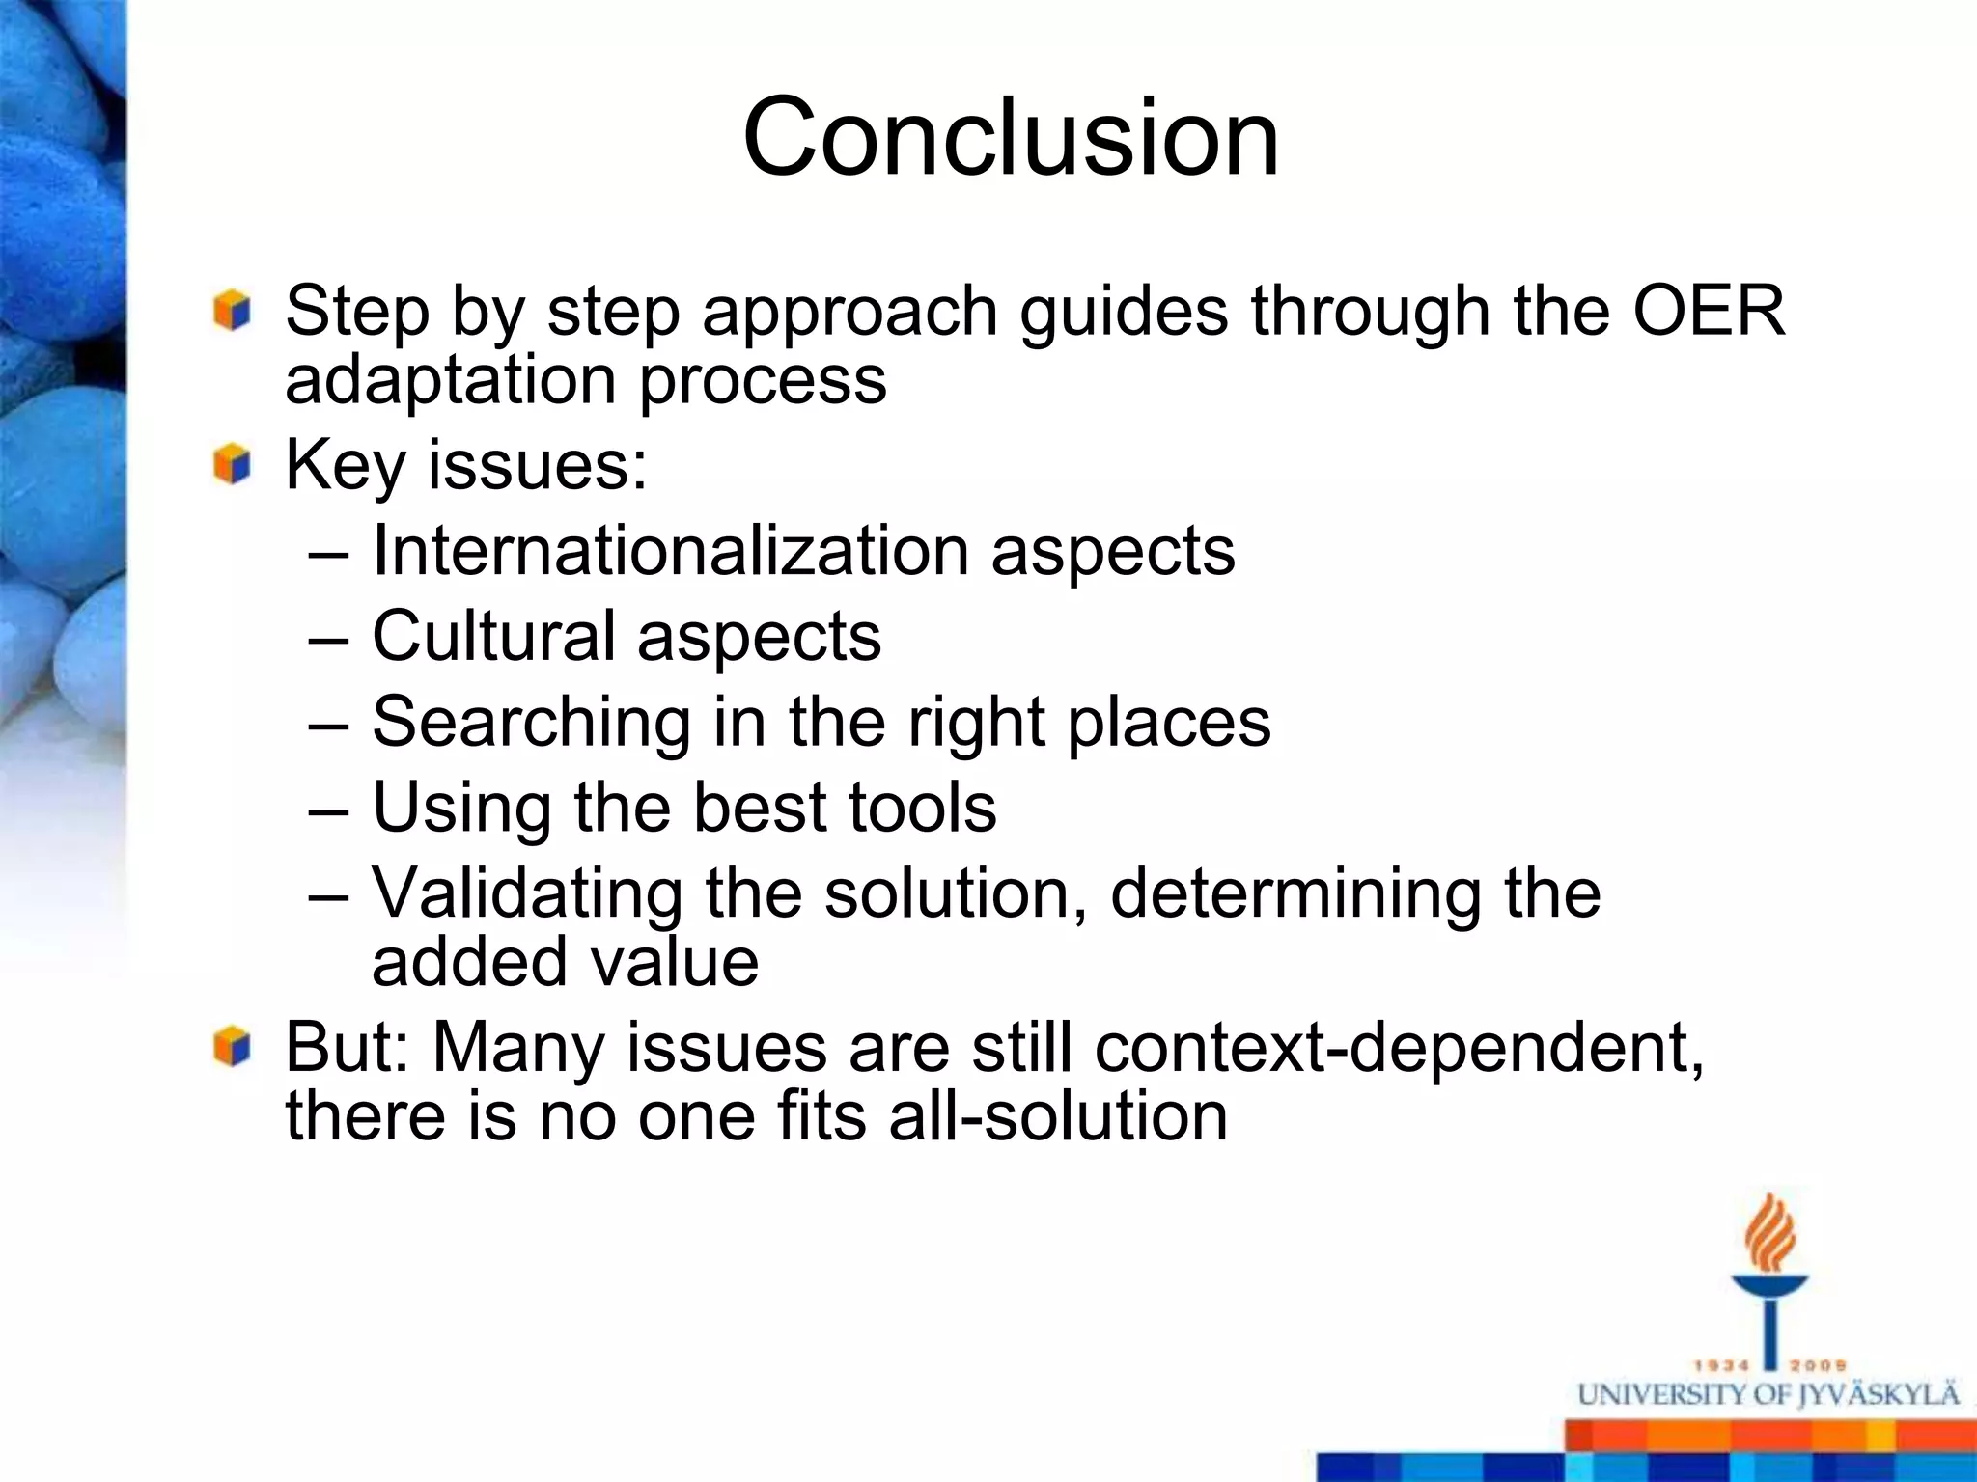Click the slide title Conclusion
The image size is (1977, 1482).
point(1011,137)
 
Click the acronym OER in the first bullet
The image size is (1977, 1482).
point(1709,311)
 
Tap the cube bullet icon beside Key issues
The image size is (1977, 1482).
point(233,465)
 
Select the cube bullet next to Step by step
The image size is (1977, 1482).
point(233,311)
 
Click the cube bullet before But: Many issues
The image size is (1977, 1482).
point(233,1047)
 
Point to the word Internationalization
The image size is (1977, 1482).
point(670,551)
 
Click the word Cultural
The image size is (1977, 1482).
point(493,637)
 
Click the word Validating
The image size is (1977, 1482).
point(527,893)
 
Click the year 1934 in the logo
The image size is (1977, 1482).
point(1722,1365)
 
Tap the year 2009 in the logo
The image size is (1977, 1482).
point(1818,1365)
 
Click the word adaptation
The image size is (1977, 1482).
point(450,379)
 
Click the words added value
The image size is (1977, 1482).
point(565,962)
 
